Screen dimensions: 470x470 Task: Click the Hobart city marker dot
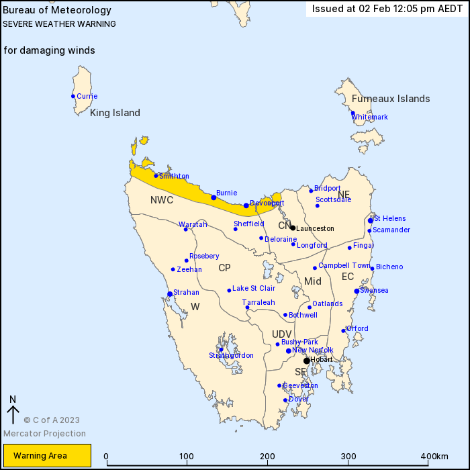click(x=307, y=361)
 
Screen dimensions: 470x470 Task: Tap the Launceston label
click(x=315, y=228)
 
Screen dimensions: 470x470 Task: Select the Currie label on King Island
click(x=87, y=96)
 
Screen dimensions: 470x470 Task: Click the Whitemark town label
click(x=370, y=117)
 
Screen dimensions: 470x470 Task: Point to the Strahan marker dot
click(x=170, y=293)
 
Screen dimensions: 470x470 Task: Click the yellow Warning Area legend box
click(x=46, y=456)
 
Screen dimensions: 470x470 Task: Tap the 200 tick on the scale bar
click(x=267, y=457)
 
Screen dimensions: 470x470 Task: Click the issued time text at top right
click(x=387, y=9)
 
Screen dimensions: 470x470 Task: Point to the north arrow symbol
click(x=12, y=409)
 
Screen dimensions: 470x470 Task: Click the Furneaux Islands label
click(x=391, y=99)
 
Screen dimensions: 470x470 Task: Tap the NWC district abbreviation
click(x=162, y=200)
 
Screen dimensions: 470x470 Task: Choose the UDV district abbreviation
click(x=282, y=334)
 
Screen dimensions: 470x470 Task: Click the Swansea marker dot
click(x=357, y=291)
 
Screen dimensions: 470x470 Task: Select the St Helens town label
click(x=389, y=218)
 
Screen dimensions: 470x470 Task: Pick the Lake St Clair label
click(x=254, y=289)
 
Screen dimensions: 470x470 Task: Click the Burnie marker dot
click(x=214, y=197)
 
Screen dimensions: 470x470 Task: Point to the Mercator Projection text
click(x=44, y=433)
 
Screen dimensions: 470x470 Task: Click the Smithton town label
click(x=174, y=177)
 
